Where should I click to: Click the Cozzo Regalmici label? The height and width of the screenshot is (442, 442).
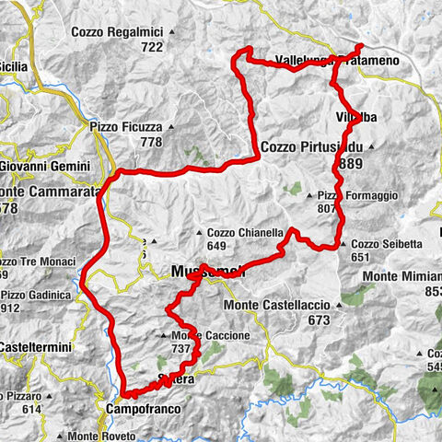point(118,32)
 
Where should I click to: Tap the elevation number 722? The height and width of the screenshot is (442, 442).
point(152,46)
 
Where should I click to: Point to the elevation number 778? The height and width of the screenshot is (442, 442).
point(151,142)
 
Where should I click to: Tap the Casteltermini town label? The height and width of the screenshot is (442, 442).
point(31,345)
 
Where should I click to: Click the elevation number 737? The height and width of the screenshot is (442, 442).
point(180,349)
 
